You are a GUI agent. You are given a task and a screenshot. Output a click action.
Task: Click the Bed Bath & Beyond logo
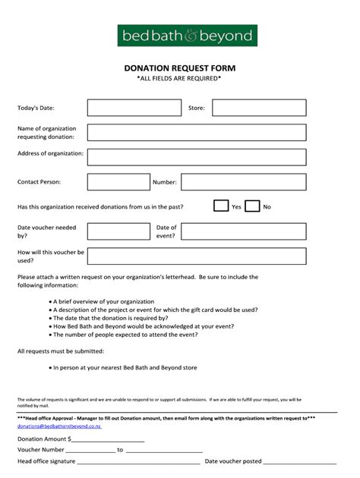(187, 36)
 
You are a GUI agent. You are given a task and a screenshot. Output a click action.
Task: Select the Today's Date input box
(123, 108)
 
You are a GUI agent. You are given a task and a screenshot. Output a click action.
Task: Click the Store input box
(258, 108)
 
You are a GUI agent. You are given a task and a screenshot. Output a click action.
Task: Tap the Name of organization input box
(196, 133)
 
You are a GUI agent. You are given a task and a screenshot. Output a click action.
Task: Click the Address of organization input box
(196, 157)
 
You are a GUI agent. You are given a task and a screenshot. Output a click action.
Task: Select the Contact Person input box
(118, 182)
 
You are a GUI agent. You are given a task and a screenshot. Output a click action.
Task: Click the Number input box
(243, 182)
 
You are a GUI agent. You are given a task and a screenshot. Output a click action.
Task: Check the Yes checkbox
(221, 206)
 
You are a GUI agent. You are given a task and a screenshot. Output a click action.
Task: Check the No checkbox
(252, 206)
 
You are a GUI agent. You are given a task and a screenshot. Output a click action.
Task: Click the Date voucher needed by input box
(118, 231)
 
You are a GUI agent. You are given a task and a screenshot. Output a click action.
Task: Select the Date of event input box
(243, 231)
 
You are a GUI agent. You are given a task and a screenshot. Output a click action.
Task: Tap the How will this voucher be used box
(196, 256)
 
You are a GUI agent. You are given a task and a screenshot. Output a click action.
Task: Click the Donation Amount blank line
(107, 439)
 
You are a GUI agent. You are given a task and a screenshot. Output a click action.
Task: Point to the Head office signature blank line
(138, 461)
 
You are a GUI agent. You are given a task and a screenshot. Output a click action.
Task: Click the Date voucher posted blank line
(300, 461)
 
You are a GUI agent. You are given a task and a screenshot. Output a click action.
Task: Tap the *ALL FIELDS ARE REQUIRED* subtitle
(179, 79)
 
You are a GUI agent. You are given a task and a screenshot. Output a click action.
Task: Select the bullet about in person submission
(125, 367)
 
